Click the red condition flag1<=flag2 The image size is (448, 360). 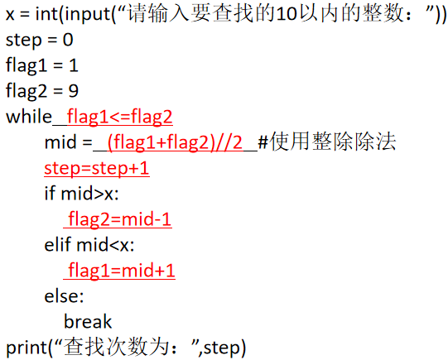tap(120, 117)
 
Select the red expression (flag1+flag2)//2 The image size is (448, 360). tap(176, 142)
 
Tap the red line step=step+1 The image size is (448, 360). tap(97, 169)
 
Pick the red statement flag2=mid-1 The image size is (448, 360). tap(120, 219)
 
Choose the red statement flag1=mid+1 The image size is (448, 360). tap(122, 271)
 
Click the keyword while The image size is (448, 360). tap(29, 117)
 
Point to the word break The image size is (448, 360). tap(88, 322)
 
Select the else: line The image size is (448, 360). tap(64, 296)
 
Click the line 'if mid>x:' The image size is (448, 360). tap(81, 194)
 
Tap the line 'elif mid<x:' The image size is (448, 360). tap(89, 245)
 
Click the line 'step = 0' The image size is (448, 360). tap(40, 41)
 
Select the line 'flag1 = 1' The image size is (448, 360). tap(42, 65)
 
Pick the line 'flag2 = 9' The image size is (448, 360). tap(42, 91)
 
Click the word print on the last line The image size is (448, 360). tap(26, 348)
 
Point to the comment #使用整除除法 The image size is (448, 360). tap(327, 142)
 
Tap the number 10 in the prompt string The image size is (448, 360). tap(287, 14)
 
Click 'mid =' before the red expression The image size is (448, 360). tap(68, 142)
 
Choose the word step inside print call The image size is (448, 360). tap(222, 348)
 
